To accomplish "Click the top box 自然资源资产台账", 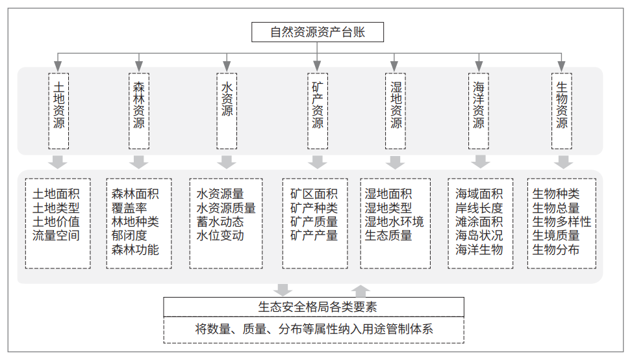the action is coord(318,32).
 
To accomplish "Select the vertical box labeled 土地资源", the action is coord(59,111).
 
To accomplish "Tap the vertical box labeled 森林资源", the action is coord(139,111).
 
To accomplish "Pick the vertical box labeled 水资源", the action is coord(227,111).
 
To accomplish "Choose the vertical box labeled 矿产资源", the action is coord(318,111).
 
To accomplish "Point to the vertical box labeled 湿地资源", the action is coord(396,111).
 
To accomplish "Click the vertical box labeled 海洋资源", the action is coord(479,111).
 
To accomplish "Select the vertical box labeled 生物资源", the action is coord(562,111).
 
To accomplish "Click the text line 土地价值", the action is coord(56,222).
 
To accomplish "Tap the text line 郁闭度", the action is coord(129,235).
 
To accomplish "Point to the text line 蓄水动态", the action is coord(220,222).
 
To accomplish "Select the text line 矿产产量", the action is coord(314,235).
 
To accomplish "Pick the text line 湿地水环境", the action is coord(394,222).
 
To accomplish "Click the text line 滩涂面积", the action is coord(479,222).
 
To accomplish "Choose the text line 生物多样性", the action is coord(562,222).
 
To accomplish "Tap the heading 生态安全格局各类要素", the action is coord(318,307).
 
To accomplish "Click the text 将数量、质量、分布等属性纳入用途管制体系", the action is coord(314,329).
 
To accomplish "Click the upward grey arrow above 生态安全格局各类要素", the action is coord(360,291).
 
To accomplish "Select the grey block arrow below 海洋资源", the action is coord(481,162).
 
